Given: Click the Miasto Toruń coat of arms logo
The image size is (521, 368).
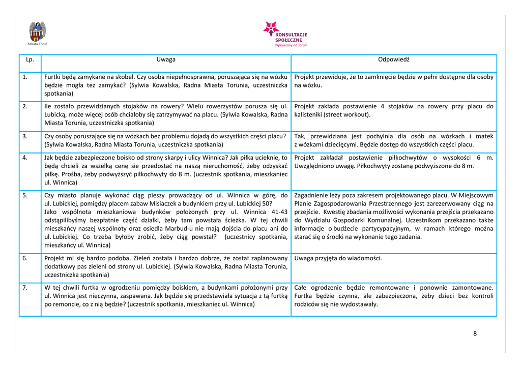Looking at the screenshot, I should point(38,32).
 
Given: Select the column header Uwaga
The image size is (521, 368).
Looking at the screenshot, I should point(166,59).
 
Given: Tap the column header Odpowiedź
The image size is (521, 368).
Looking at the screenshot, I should point(393,59).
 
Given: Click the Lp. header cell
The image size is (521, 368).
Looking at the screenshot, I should point(30,59).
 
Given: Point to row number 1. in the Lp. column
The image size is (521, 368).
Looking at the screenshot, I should point(25,77).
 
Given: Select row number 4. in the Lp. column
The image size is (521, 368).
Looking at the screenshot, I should point(25,158).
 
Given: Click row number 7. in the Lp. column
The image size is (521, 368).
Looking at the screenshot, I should point(25,288).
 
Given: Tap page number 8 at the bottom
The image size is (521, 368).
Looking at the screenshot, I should point(475,333).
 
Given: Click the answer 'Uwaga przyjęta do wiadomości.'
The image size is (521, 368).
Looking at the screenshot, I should point(338,258).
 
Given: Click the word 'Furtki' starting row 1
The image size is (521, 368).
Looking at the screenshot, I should point(52,77).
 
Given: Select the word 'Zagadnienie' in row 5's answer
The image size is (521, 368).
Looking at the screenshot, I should point(312,195).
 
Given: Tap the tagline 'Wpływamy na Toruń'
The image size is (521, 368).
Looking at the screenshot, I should point(291,45).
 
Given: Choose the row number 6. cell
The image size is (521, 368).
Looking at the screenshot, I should point(25,258).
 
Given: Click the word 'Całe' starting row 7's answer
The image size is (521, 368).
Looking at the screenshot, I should point(301,288).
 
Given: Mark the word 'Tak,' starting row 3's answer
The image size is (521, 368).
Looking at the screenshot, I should point(300,136).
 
